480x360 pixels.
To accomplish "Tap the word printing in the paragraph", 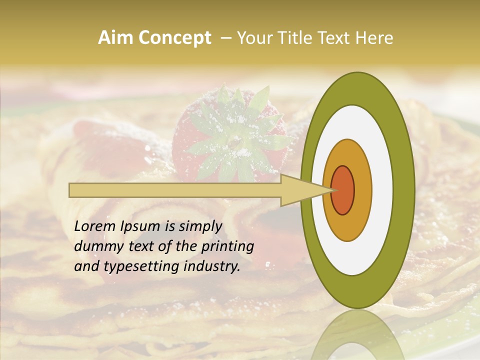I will pos(227,246).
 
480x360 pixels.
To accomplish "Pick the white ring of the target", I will pos(382,190).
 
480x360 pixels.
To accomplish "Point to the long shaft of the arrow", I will pos(175,190).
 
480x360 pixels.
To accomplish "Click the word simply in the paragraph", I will pos(200,226).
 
